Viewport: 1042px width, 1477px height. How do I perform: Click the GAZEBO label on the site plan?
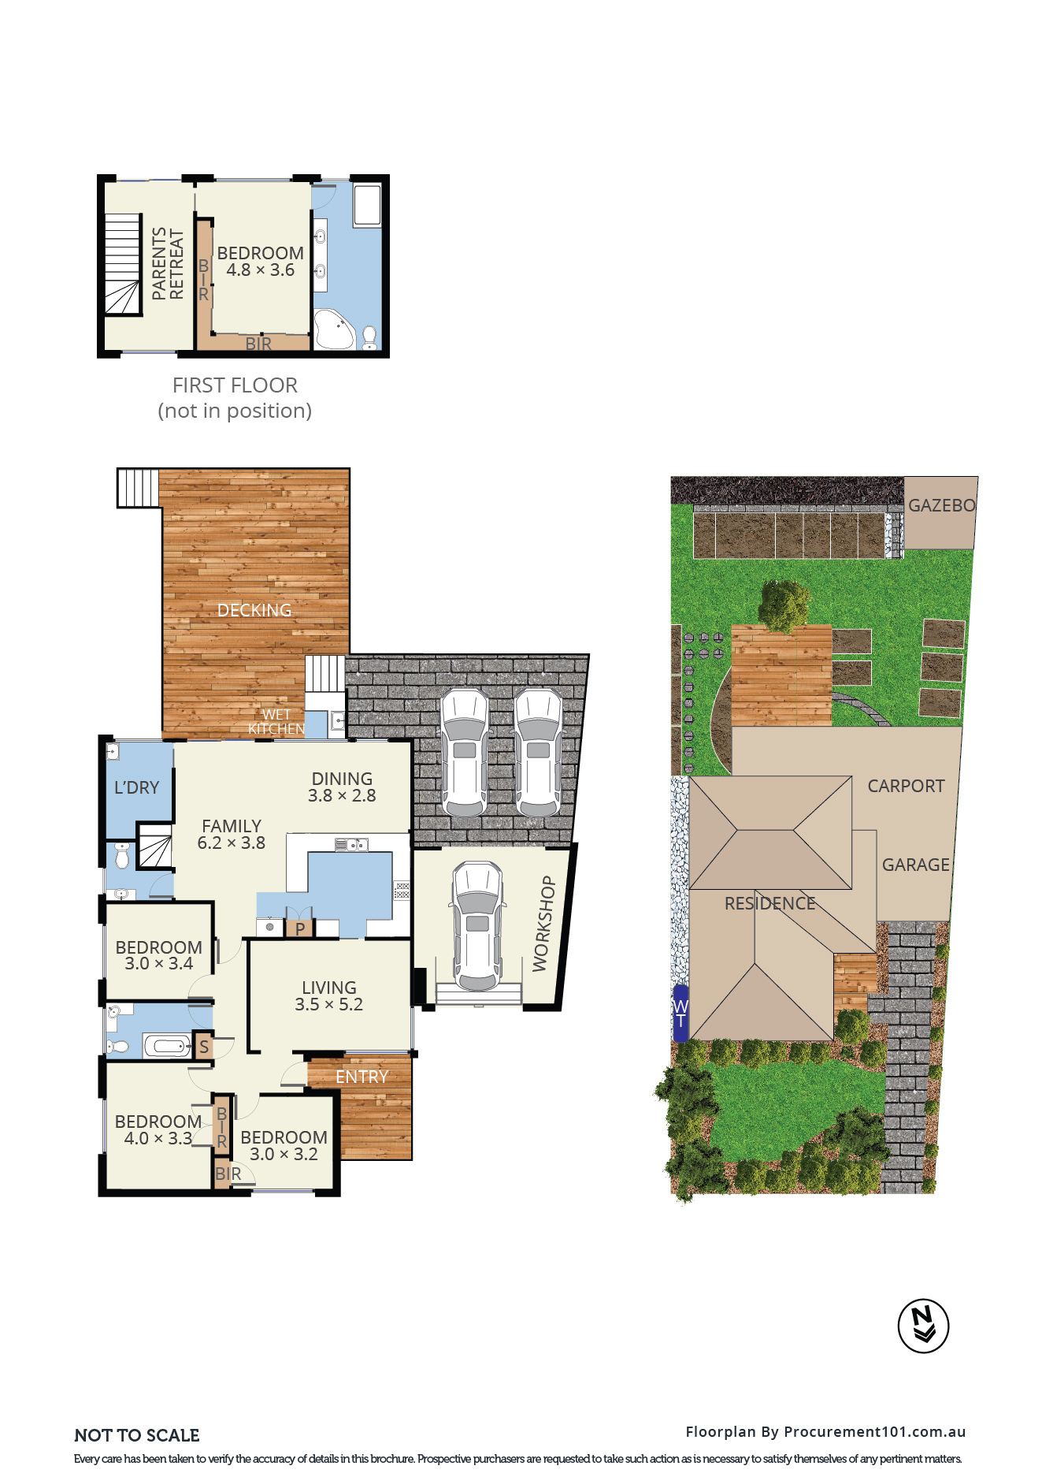point(942,505)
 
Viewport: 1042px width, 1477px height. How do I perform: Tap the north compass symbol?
point(923,1326)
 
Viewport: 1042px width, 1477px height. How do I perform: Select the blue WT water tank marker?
point(680,1013)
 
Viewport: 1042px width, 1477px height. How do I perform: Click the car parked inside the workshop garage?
point(477,926)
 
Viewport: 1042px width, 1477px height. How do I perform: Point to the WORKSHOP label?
point(543,924)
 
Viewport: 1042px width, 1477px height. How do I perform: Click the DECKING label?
point(254,610)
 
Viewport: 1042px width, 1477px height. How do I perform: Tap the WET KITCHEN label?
point(276,722)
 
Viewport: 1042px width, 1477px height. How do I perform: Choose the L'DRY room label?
point(137,787)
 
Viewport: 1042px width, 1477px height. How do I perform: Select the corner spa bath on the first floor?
point(334,329)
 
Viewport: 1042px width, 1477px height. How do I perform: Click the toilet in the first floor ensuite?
point(369,337)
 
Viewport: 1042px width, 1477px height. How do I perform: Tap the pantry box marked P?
point(300,928)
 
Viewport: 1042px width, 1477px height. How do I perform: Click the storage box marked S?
point(204,1046)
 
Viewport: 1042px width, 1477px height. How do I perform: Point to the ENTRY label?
point(362,1077)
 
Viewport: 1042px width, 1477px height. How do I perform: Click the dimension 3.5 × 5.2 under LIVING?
point(329,1004)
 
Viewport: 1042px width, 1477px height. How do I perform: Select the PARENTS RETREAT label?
point(168,263)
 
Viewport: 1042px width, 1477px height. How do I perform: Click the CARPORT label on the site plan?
point(906,786)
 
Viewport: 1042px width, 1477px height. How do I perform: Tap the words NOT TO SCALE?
point(137,1435)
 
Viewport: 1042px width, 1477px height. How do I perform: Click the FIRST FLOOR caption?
point(235,385)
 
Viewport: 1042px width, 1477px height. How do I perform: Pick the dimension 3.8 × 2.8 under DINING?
point(342,795)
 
